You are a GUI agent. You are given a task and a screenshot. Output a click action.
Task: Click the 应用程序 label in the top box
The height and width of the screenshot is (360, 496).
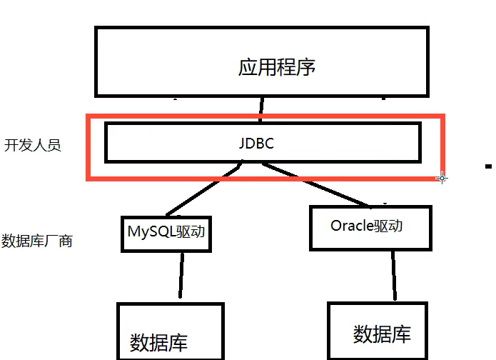[276, 68]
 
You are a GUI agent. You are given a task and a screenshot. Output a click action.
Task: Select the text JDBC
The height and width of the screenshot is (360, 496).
[257, 143]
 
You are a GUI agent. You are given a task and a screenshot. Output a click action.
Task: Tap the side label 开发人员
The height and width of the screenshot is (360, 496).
[32, 145]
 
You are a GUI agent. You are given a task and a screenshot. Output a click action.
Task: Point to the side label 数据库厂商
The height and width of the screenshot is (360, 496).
[37, 241]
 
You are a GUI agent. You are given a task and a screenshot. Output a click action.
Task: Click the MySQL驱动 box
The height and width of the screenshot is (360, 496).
[167, 231]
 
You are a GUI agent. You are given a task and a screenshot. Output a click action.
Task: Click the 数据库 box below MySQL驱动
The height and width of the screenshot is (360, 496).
[170, 333]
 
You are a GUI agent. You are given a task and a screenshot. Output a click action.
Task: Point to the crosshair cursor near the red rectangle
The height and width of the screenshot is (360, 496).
[442, 177]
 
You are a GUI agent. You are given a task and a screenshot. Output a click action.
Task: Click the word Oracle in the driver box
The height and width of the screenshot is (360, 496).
[352, 226]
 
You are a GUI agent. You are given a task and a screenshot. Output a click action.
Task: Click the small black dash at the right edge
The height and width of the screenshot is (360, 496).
[489, 166]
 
